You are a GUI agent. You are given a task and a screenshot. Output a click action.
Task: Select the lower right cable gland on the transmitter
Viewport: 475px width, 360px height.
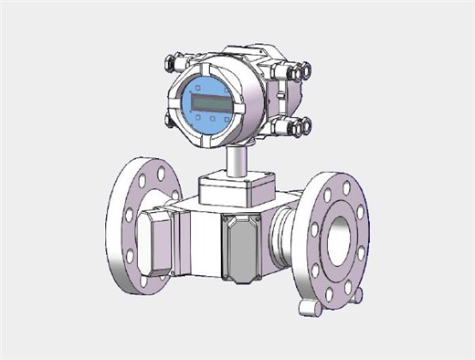click(303, 126)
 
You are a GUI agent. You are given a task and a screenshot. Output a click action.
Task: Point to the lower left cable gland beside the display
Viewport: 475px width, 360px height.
click(169, 120)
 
